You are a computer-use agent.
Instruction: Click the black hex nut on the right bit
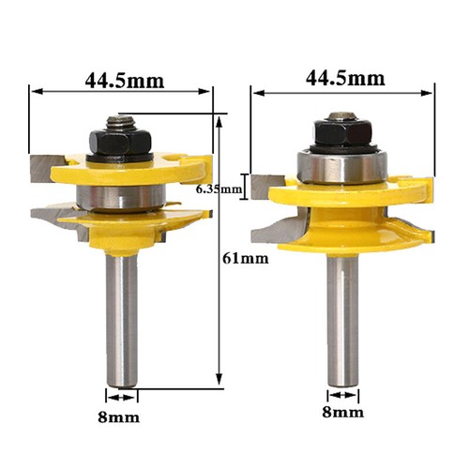(x=340, y=137)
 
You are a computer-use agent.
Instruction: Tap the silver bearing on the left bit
(x=121, y=197)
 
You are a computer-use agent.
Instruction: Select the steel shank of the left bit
(x=123, y=310)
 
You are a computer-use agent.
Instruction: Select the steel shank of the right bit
(x=342, y=310)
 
